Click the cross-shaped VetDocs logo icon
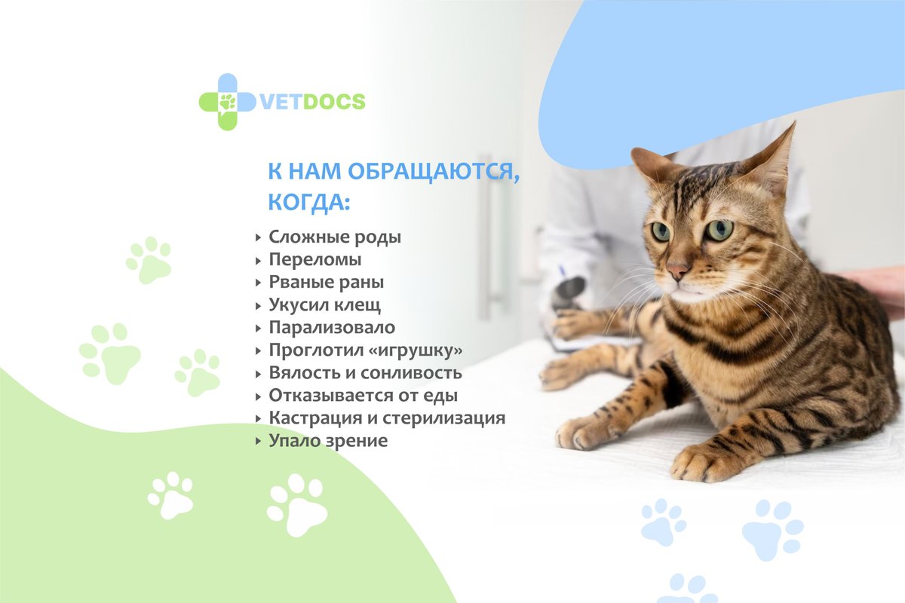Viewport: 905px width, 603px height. (x=228, y=102)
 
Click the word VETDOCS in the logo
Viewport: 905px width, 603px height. (x=312, y=101)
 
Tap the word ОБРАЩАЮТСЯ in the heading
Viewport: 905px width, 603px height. (x=434, y=171)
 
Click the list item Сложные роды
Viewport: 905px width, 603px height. (x=335, y=237)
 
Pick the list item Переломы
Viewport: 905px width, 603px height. (x=315, y=260)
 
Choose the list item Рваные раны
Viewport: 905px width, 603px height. (x=327, y=283)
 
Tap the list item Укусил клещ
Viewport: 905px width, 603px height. (x=325, y=305)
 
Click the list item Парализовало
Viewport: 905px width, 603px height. (x=332, y=328)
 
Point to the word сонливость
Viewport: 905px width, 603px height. (x=411, y=373)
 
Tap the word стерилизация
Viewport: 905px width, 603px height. (x=444, y=418)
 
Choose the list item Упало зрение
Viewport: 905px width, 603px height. (x=328, y=441)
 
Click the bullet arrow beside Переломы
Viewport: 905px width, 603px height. (x=259, y=261)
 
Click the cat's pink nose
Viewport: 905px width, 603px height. (x=677, y=271)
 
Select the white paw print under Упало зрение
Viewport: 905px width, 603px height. (x=297, y=505)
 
